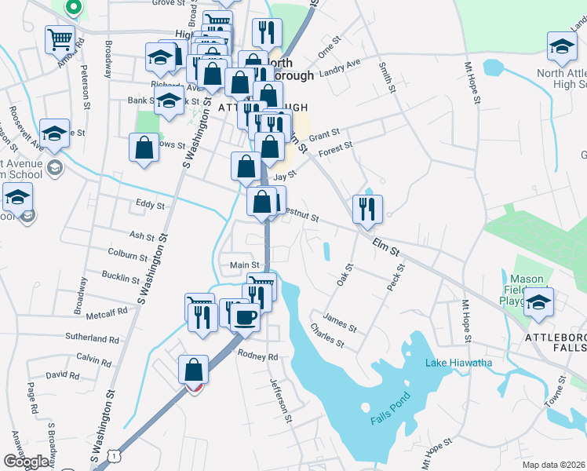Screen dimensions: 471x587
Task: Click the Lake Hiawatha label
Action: coord(459,363)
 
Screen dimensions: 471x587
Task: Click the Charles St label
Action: coord(327,335)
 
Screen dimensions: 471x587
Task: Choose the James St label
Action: coord(340,321)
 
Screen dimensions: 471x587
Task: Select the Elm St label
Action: coord(386,249)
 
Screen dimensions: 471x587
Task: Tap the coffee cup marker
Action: coord(246,316)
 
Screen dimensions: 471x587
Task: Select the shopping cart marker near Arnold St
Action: coord(60,38)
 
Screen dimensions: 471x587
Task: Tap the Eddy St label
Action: coord(150,205)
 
